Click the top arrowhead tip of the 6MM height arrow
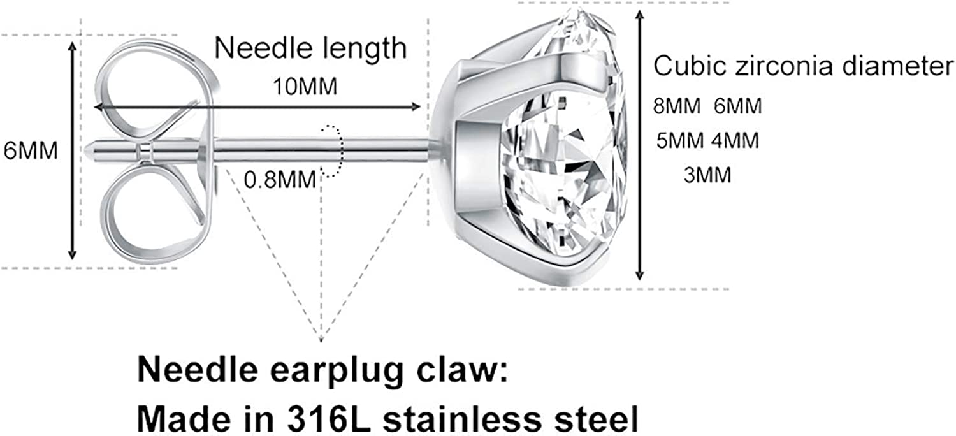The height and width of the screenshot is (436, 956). click(x=73, y=42)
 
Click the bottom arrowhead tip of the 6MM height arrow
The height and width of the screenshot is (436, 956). click(x=73, y=259)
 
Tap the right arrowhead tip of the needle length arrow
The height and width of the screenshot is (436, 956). click(x=421, y=106)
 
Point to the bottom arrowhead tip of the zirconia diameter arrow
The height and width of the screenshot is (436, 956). click(x=639, y=280)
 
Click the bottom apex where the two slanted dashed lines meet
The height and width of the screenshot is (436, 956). click(x=321, y=341)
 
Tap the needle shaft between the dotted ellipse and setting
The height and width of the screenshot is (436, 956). click(x=386, y=150)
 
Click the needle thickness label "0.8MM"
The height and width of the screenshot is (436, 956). click(x=280, y=180)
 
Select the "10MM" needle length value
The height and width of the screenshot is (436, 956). click(x=305, y=87)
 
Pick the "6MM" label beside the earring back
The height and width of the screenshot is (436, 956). click(x=31, y=150)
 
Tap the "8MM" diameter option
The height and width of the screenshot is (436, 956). click(x=677, y=106)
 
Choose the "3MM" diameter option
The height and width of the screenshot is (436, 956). click(x=707, y=175)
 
